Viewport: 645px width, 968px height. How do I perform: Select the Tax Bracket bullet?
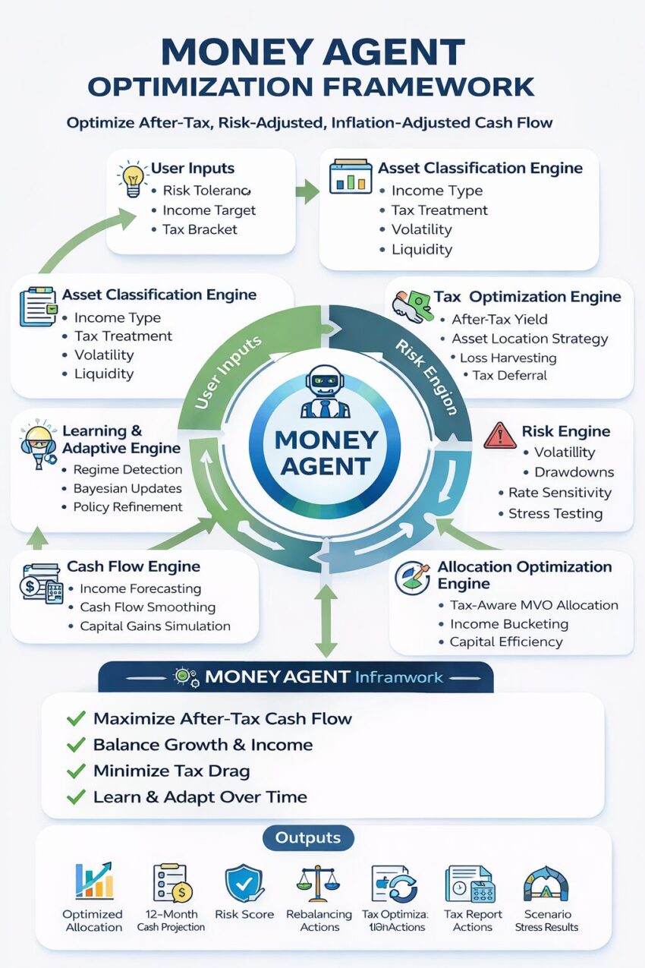200,229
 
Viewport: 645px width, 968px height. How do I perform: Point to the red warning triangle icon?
499,434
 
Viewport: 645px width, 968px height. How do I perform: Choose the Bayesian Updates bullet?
127,488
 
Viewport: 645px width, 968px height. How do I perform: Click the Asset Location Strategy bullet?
530,339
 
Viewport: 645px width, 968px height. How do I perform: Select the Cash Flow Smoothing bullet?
147,607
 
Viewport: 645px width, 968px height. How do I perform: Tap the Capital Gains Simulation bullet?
155,626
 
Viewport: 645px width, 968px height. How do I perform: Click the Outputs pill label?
307,838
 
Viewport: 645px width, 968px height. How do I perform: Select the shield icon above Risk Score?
244,884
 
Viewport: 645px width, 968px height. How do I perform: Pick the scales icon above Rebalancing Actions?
319,884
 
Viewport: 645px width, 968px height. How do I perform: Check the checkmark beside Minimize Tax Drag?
76,771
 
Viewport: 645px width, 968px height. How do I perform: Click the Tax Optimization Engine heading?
527,297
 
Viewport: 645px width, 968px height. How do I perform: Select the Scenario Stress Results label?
546,920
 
